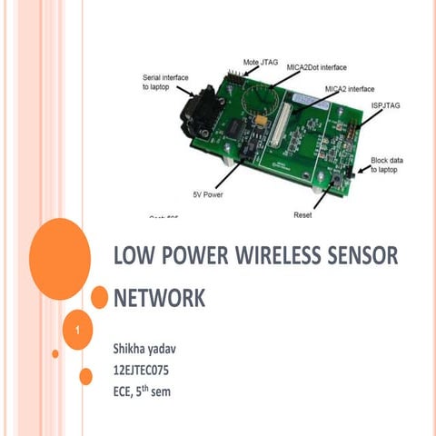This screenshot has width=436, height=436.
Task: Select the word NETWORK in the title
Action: coord(159,299)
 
